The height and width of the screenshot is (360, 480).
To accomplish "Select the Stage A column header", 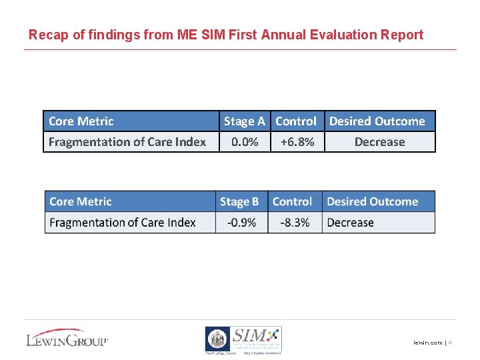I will pos(244,121).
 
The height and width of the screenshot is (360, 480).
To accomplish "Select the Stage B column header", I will pos(239,201).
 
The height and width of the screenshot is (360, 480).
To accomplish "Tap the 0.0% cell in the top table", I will pos(245,142).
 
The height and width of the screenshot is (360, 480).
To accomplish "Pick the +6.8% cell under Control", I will pos(297,142).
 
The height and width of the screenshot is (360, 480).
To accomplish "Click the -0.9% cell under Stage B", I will pos(241,222).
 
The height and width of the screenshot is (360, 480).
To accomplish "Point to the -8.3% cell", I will pos(295,222).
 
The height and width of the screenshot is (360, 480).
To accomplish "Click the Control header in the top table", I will pos(296,121).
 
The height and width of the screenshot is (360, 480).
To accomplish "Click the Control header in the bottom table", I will pos(292,201).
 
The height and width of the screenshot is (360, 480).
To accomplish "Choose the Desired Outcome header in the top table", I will pos(377,121).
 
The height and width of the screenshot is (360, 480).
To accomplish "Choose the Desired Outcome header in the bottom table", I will pos(372,201).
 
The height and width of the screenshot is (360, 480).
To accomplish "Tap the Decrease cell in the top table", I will pos(379,142).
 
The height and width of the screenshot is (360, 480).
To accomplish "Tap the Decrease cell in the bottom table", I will pos(351,222).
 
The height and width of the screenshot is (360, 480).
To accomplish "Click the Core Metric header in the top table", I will pos(81,121).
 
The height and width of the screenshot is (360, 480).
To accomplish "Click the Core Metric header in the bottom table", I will pos(81,201).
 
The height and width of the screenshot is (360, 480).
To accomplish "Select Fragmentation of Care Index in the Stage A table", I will pos(127,142).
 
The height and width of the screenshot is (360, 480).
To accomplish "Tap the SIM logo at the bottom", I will pos(243,339).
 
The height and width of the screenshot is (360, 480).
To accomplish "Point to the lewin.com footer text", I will pos(427,343).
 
